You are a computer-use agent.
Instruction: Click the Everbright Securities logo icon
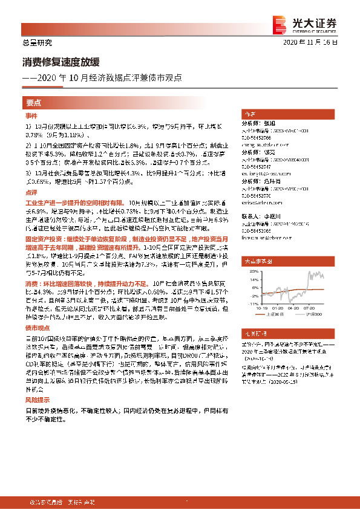(280, 24)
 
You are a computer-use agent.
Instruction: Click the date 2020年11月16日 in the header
(310, 43)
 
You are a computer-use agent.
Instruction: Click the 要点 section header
(34, 102)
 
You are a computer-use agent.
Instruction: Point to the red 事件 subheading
(31, 115)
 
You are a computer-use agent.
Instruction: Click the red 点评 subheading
(31, 190)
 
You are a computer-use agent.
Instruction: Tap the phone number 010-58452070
(257, 196)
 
